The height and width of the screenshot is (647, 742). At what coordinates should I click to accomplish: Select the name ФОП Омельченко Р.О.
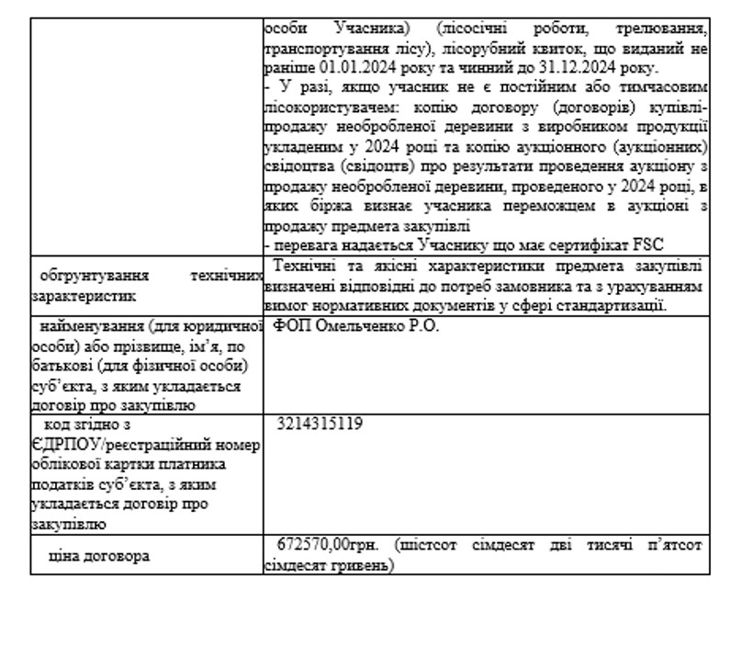[356, 326]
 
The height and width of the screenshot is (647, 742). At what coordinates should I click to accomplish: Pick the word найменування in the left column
[94, 326]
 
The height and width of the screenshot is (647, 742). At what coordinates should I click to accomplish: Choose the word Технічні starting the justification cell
[306, 267]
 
